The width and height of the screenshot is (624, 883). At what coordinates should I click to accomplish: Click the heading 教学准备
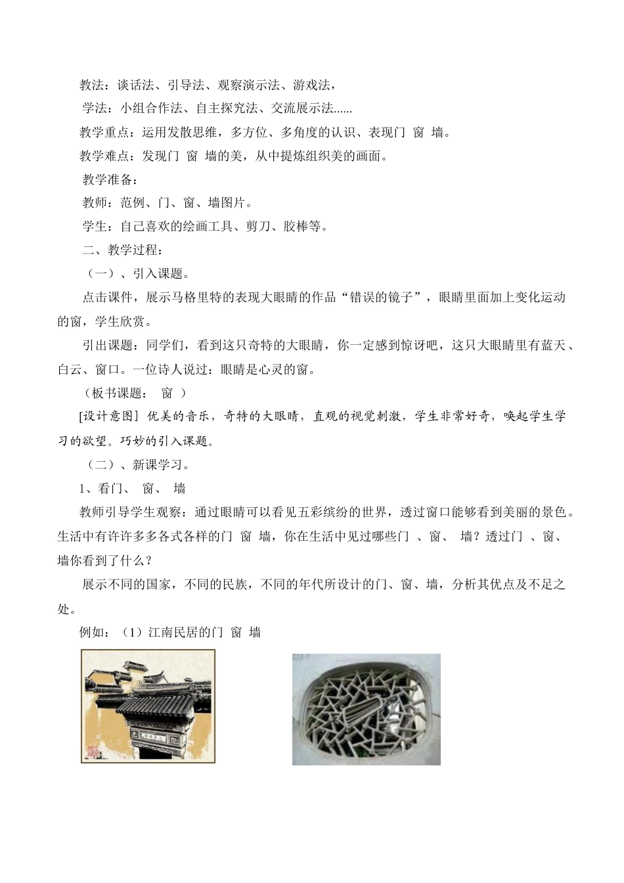point(108,179)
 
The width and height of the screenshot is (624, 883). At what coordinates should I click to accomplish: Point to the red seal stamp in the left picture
point(93,750)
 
